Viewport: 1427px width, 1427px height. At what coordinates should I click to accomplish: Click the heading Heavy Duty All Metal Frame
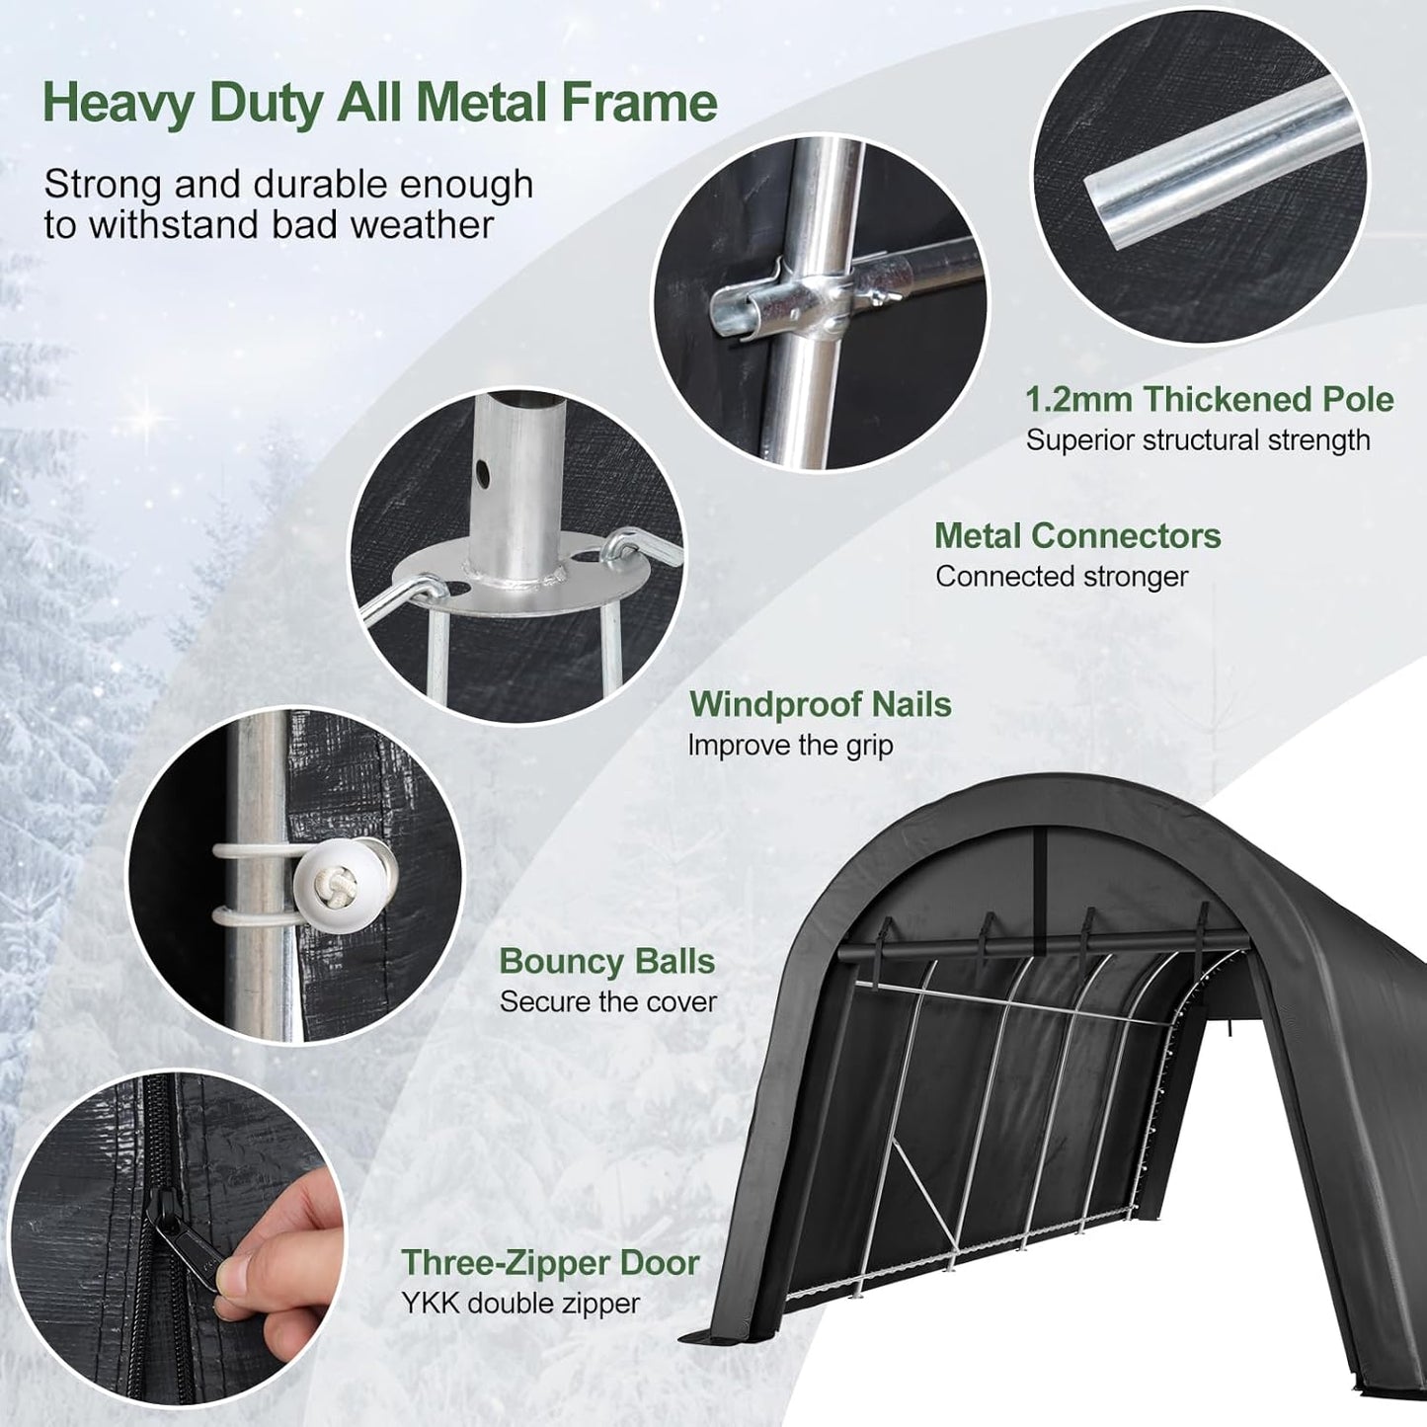pyautogui.click(x=380, y=104)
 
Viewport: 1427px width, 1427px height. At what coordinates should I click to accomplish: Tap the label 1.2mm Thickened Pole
pyautogui.click(x=1209, y=399)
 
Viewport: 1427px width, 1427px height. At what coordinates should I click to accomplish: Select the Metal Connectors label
pyautogui.click(x=1077, y=535)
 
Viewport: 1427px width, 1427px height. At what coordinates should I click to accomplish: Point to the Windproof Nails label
pyautogui.click(x=820, y=704)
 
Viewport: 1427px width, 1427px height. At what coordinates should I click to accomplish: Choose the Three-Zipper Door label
pyautogui.click(x=550, y=1262)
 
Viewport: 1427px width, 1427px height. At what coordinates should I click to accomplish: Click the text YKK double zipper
pyautogui.click(x=520, y=1304)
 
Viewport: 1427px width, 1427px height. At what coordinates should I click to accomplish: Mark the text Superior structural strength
pyautogui.click(x=1198, y=440)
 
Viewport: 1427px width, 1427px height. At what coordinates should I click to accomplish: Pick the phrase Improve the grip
pyautogui.click(x=790, y=745)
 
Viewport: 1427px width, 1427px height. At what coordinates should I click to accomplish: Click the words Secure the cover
pyautogui.click(x=608, y=1001)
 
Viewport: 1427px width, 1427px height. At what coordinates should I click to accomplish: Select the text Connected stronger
pyautogui.click(x=1062, y=577)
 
